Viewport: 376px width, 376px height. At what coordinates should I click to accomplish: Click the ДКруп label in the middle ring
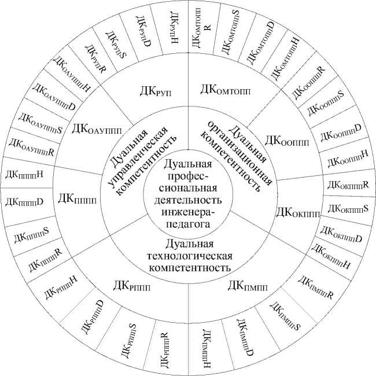[x=157, y=91]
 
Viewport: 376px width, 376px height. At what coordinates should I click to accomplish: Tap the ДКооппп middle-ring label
[x=287, y=141]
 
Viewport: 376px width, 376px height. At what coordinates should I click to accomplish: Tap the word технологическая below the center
[x=190, y=256]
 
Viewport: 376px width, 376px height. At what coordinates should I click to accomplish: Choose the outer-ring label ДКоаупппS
[x=41, y=123]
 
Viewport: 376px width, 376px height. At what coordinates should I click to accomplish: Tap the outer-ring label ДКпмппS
[x=284, y=316]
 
